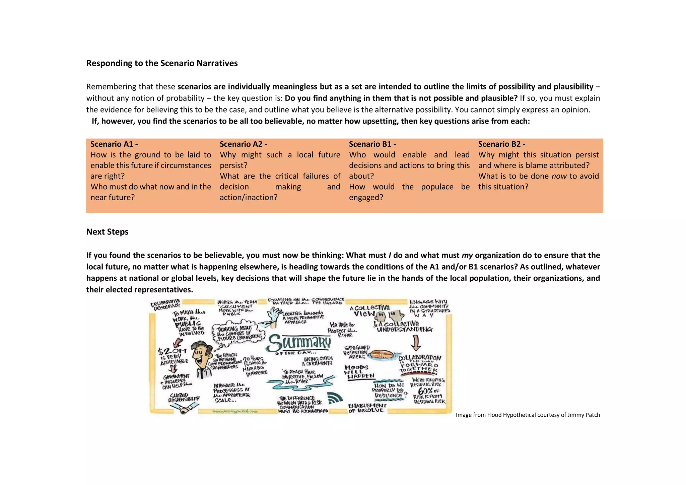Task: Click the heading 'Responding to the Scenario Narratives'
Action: point(162,63)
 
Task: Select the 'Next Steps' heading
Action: point(107,232)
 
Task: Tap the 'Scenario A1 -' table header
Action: point(114,144)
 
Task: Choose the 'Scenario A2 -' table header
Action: point(243,144)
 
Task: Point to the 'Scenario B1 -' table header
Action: point(372,144)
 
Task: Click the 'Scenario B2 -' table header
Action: point(501,144)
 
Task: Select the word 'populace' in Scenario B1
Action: point(437,187)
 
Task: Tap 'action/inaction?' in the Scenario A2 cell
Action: point(249,198)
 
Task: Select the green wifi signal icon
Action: point(335,398)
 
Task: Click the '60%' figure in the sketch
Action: point(425,391)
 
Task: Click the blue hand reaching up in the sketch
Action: point(274,315)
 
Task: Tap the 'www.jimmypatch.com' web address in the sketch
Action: point(235,411)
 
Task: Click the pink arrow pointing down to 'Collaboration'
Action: point(416,343)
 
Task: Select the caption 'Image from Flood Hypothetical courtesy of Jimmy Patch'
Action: point(528,415)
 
